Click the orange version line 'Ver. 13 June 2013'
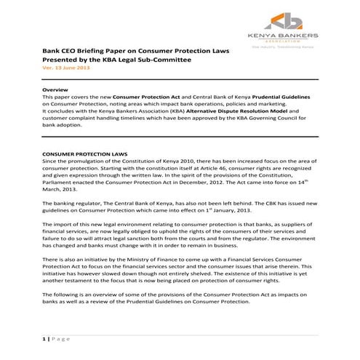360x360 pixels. pyautogui.click(x=66, y=68)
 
